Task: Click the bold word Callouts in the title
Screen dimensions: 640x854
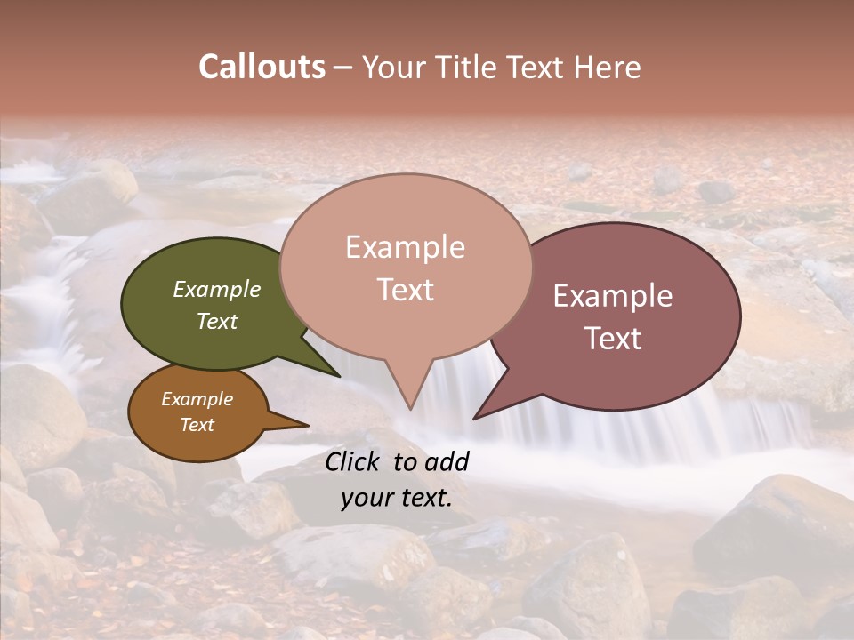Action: tap(262, 67)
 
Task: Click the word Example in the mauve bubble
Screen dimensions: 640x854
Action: tap(613, 296)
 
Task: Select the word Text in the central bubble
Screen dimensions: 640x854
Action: tap(405, 290)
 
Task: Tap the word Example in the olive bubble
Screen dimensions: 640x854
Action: tap(216, 290)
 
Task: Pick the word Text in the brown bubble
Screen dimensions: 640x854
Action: tap(197, 425)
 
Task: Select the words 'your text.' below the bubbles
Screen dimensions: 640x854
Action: tap(396, 498)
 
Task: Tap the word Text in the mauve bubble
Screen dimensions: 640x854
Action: tap(613, 338)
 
